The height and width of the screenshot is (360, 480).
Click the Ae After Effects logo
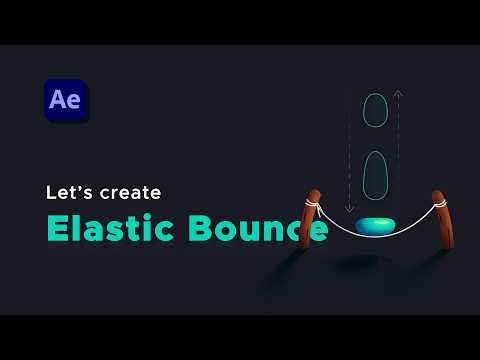click(67, 101)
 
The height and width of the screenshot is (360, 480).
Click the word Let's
click(69, 190)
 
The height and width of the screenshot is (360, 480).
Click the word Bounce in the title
click(256, 228)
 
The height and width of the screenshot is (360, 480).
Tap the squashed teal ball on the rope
click(375, 227)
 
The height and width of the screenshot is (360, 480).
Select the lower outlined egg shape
click(375, 175)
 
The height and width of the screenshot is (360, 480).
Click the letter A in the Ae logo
click(60, 101)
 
